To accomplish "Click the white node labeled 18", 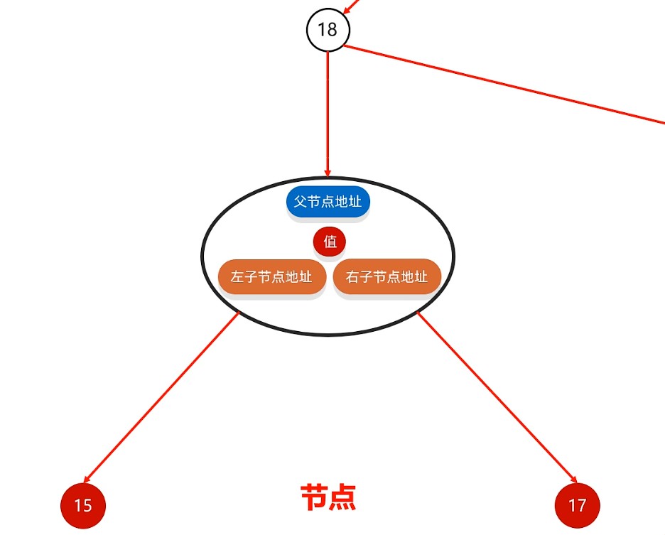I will point(328,30).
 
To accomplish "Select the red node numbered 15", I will point(83,505).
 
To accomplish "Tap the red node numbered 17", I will point(577,505).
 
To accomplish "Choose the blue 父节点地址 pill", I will point(328,202).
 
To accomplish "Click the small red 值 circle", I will point(330,242).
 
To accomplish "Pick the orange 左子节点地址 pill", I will point(271,277).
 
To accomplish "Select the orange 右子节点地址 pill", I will point(387,277).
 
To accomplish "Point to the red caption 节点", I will point(328,497).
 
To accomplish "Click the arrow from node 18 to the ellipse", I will point(328,114).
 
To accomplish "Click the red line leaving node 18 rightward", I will point(504,86).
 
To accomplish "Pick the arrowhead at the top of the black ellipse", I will point(328,172).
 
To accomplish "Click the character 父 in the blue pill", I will point(299,202).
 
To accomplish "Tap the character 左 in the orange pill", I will point(237,277).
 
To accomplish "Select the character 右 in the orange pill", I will point(352,277).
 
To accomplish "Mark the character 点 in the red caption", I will point(342,497).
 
